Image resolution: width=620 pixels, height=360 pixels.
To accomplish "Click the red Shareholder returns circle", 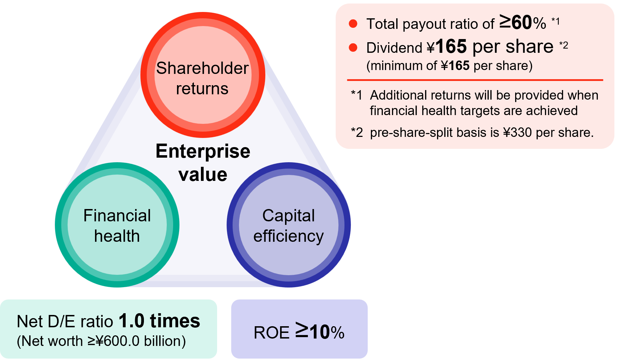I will point(203,75).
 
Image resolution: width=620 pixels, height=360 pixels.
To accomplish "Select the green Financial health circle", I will point(117,225).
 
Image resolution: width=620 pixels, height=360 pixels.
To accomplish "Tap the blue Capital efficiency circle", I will point(289,225).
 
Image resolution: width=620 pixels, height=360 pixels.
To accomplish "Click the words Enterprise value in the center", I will point(203,163).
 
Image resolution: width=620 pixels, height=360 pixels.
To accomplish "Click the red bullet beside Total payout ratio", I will point(353,24).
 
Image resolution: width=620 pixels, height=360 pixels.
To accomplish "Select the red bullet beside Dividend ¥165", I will point(353,48).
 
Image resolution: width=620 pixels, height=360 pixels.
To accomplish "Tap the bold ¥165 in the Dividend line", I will point(447,47).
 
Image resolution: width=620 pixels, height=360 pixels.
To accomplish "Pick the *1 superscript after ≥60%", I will point(556,21).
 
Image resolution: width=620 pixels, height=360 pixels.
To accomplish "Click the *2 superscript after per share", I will point(564,45).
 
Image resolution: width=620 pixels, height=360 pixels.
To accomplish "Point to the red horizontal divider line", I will point(475,80).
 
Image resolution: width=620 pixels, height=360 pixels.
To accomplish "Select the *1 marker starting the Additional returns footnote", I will point(356,95).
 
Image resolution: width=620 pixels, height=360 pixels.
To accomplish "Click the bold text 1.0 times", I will point(159,321).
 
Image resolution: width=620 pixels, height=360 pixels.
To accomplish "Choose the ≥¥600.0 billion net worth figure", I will point(137,341).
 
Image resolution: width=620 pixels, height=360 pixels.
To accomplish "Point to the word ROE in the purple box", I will point(271,333).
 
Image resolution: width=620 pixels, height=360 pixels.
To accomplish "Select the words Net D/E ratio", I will point(65,322).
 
